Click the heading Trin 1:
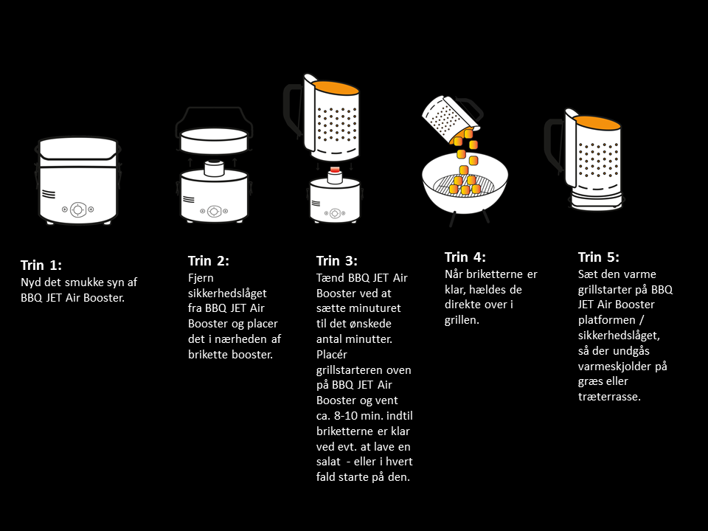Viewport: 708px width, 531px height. click(x=41, y=265)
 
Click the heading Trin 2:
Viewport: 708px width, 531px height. click(x=209, y=261)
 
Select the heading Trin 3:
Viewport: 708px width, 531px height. click(x=337, y=261)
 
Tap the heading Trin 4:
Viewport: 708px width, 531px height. click(x=465, y=257)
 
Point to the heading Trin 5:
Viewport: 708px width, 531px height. click(x=599, y=257)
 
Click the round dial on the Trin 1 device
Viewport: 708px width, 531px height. click(x=78, y=209)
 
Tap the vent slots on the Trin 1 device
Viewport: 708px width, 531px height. click(x=49, y=194)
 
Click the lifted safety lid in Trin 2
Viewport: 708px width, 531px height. click(x=214, y=141)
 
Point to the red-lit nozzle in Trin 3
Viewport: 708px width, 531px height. click(x=335, y=170)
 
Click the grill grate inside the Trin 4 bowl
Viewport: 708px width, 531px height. click(x=465, y=185)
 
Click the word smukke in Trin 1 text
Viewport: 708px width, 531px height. click(x=84, y=282)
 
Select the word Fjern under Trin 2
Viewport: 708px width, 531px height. click(x=201, y=279)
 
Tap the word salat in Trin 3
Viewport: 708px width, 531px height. click(x=328, y=462)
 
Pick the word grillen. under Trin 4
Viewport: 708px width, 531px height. click(x=462, y=321)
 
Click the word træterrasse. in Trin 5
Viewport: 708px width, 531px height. click(x=609, y=397)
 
